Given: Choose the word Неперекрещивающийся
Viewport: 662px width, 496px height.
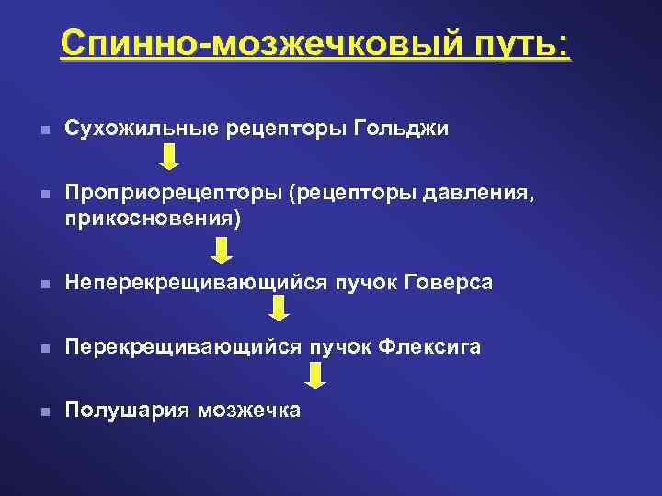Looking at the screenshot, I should click(193, 284).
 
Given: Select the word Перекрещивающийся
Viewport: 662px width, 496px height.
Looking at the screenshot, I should click(180, 346).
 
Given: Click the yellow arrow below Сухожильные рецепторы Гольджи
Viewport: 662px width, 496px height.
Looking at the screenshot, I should click(169, 157).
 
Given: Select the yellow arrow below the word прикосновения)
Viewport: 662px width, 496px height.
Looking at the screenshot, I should click(222, 250).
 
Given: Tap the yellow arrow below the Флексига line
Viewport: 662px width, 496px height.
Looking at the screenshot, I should click(315, 376).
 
